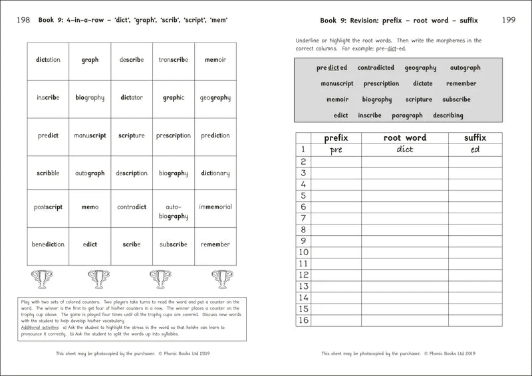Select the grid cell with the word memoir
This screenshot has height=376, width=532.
pos(215,60)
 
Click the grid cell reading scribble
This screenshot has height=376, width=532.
pos(48,173)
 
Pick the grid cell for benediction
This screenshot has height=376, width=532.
pos(48,244)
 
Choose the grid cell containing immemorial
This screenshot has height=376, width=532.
pos(215,207)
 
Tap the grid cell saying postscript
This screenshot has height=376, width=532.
pos(48,207)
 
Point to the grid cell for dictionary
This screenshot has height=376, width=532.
pos(215,173)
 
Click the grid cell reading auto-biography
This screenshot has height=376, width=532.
pos(174,211)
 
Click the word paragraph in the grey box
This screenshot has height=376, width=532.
pos(407,116)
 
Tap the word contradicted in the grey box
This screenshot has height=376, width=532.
pos(376,68)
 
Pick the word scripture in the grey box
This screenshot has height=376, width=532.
pos(418,100)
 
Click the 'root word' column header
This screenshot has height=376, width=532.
pos(404,138)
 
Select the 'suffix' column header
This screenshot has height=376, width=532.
pos(475,138)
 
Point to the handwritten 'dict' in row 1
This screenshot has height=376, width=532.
pos(404,149)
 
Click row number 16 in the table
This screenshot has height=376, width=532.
pos(303,320)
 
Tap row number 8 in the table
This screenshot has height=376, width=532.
pos(303,229)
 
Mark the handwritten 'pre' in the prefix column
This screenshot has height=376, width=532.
pos(336,150)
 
